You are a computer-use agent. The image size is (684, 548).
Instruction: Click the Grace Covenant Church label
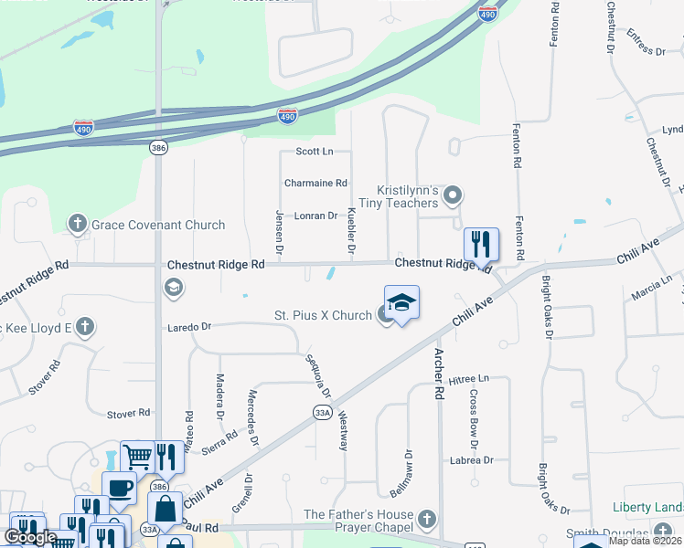point(158,225)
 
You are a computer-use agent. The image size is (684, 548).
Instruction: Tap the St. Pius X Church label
point(323,316)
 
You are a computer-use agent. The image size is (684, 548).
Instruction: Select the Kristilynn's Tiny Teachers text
point(397,195)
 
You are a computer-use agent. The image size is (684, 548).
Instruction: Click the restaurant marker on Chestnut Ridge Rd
point(481,244)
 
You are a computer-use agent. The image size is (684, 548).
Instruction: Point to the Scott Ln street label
point(314,151)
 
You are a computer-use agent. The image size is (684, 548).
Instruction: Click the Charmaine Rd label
point(315,183)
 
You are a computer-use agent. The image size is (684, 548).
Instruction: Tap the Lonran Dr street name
point(316,216)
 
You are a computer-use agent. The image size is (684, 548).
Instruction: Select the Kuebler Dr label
point(352,230)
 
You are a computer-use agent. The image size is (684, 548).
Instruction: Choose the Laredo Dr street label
point(189,326)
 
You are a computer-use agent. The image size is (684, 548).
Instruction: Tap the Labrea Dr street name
point(471,460)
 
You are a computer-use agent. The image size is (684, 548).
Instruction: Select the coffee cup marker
point(118,487)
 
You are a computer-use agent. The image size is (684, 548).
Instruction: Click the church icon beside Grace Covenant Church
point(78,224)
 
